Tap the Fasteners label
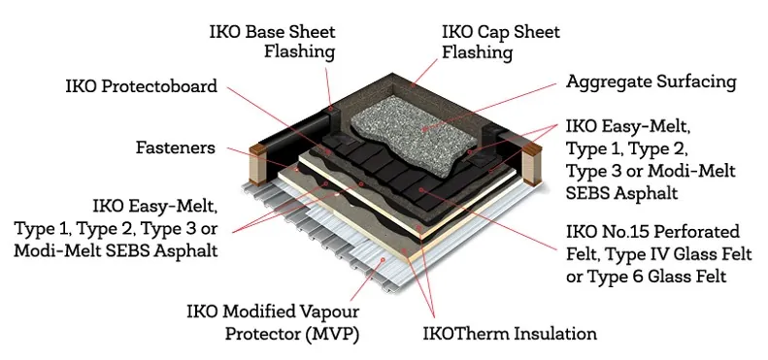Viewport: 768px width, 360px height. point(176,148)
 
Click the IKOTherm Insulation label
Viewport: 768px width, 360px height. point(511,335)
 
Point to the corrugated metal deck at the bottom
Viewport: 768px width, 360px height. point(320,267)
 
